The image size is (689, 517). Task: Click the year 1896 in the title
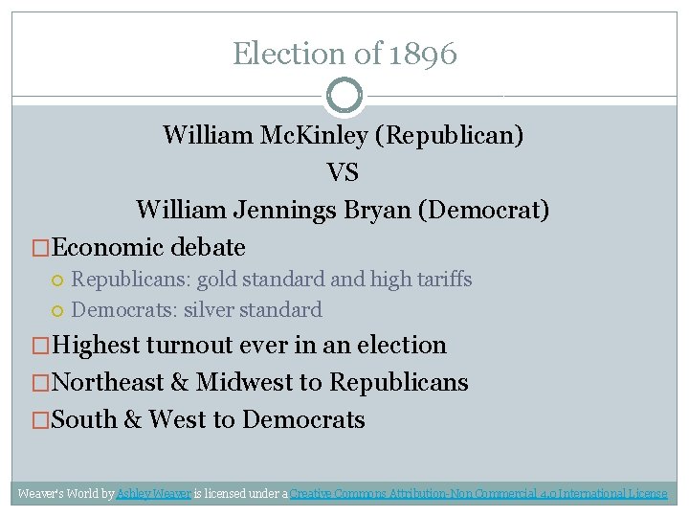pos(423,54)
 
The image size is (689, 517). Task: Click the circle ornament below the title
pos(344,95)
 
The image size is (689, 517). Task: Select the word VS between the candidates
pos(343,172)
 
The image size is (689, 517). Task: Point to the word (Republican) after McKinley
pos(453,135)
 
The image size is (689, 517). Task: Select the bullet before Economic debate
pos(41,248)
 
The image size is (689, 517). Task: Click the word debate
pos(208,248)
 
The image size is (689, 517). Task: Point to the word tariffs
pos(445,280)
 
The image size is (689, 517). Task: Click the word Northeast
pos(106,383)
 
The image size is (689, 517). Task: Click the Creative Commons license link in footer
pos(478,494)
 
